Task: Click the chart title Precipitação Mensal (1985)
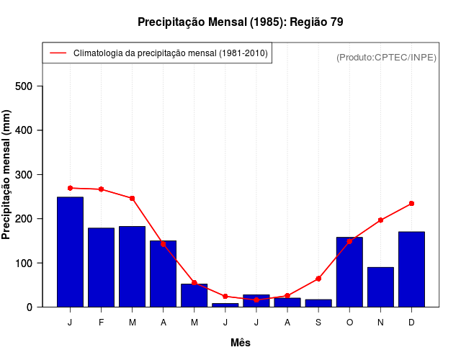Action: click(x=240, y=22)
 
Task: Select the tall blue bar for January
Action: click(x=70, y=251)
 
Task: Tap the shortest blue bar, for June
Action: click(x=225, y=305)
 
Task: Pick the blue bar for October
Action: click(x=349, y=271)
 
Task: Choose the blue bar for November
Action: click(x=380, y=287)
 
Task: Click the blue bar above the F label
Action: click(x=101, y=267)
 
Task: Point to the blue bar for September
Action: click(x=318, y=303)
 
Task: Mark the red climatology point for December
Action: click(x=411, y=204)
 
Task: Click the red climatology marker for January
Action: click(x=70, y=188)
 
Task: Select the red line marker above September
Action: click(x=318, y=279)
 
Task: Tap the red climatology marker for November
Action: click(x=380, y=220)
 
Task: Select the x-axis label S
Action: click(x=318, y=323)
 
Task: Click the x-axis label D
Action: click(x=411, y=323)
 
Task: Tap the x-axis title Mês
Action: click(x=241, y=343)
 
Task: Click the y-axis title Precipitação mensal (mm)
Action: click(x=7, y=175)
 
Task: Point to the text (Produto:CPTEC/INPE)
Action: click(x=386, y=57)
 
